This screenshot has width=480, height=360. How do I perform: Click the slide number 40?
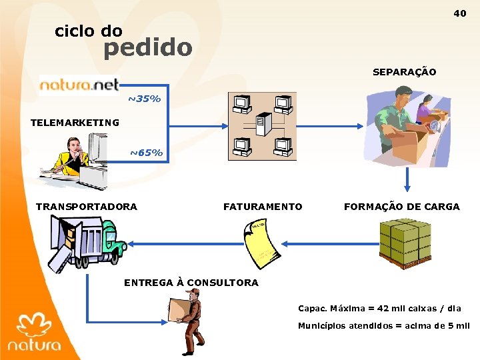[460, 13]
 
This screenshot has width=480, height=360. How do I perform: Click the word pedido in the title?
[147, 47]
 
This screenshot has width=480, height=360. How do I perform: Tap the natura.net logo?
[79, 85]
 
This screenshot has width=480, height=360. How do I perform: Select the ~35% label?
[145, 99]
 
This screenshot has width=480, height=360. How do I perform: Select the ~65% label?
[146, 153]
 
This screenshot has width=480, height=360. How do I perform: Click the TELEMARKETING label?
[75, 123]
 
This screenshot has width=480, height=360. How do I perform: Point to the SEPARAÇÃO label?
[404, 72]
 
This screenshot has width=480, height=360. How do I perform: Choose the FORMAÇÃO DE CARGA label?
[401, 207]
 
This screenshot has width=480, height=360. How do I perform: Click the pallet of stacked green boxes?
[407, 243]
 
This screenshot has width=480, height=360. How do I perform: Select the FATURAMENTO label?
[263, 207]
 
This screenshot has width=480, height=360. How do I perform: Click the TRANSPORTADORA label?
[87, 207]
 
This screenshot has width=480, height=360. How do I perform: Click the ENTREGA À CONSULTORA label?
[191, 283]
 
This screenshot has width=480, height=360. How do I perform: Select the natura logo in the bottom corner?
[35, 333]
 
